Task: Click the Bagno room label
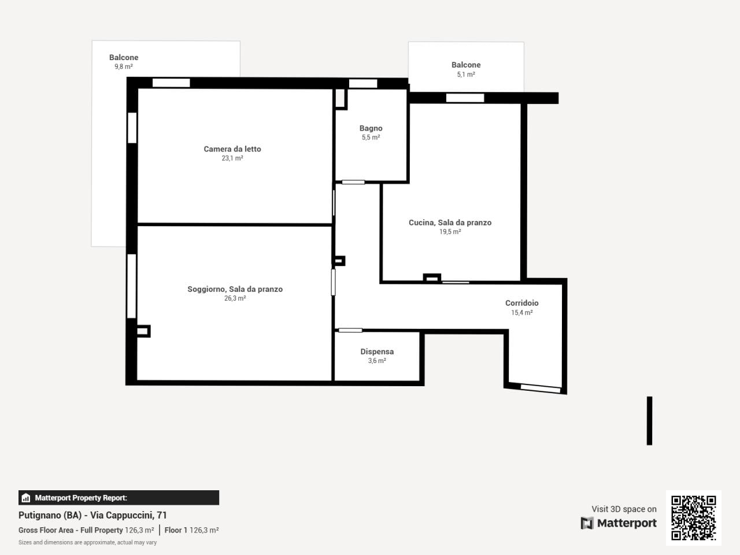point(371,128)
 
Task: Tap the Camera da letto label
point(232,149)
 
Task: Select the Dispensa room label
point(377,351)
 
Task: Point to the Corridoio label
point(521,303)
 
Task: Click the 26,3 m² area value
point(235,298)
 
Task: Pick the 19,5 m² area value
point(450,231)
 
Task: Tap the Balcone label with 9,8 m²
point(124,57)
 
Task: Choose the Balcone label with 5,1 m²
point(466,65)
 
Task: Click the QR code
point(694,517)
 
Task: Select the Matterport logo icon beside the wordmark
point(587,523)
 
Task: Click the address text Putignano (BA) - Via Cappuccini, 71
point(92,515)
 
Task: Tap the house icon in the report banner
point(26,498)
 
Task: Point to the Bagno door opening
point(353,182)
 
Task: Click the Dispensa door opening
point(350,330)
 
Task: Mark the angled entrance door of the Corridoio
point(541,388)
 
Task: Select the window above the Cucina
point(465,98)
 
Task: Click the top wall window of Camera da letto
point(171,83)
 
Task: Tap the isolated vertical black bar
point(649,421)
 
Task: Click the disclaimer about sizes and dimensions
point(88,542)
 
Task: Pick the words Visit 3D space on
point(624,509)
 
